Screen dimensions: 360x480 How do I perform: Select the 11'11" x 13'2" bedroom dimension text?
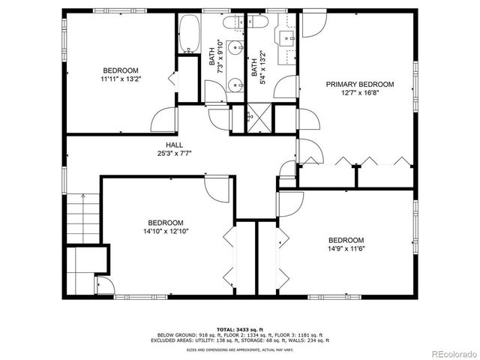pyautogui.click(x=120, y=78)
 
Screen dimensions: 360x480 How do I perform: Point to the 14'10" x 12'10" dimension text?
pyautogui.click(x=166, y=232)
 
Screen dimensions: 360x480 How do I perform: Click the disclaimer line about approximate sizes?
pyautogui.click(x=239, y=349)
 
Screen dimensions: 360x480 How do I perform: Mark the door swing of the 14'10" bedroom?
pyautogui.click(x=217, y=186)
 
